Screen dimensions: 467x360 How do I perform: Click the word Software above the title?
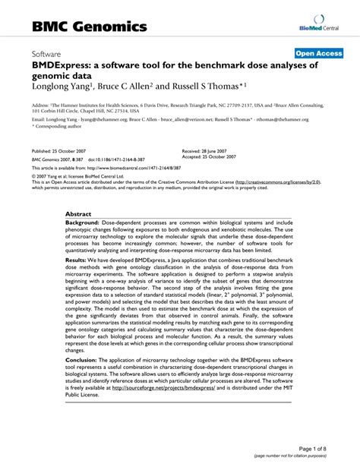click(47, 55)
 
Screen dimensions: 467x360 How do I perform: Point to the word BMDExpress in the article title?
click(62, 67)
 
